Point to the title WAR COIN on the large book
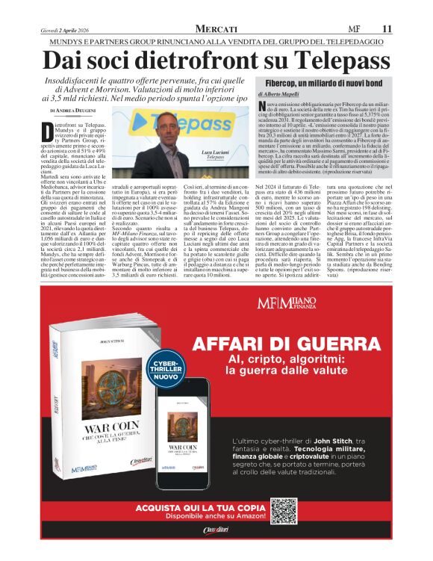coord(99,432)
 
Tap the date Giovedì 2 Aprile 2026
coord(66,28)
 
